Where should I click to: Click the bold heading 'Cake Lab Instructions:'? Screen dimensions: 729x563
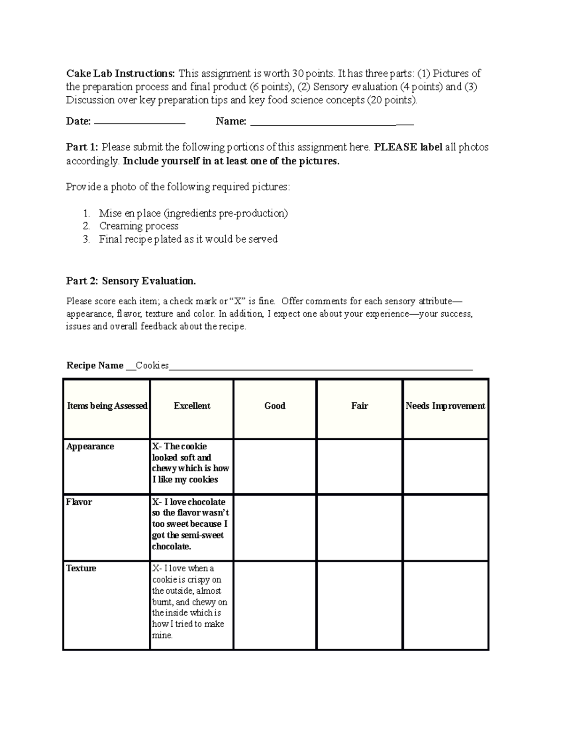pyautogui.click(x=121, y=74)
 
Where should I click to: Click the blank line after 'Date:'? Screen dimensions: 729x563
pyautogui.click(x=140, y=122)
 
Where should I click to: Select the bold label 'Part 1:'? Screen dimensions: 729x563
pyautogui.click(x=82, y=147)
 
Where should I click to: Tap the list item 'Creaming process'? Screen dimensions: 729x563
pyautogui.click(x=138, y=226)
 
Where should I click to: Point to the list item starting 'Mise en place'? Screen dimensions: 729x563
pyautogui.click(x=193, y=213)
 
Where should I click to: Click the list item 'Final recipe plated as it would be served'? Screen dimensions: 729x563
pyautogui.click(x=188, y=239)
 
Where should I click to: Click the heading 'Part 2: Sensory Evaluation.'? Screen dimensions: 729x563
pyautogui.click(x=131, y=281)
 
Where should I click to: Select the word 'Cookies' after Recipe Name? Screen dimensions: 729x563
pyautogui.click(x=152, y=366)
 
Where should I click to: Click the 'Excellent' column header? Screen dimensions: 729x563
pyautogui.click(x=192, y=406)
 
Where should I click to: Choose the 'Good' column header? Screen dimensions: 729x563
pyautogui.click(x=275, y=406)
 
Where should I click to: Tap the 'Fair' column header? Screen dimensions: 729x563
pyautogui.click(x=359, y=406)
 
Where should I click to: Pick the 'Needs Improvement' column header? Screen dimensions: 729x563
pyautogui.click(x=445, y=406)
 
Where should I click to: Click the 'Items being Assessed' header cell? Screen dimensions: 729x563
pyautogui.click(x=107, y=406)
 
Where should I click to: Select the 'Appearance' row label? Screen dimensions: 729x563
pyautogui.click(x=90, y=446)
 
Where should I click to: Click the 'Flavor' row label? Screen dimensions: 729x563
pyautogui.click(x=79, y=502)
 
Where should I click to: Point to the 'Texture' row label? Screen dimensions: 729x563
pyautogui.click(x=81, y=568)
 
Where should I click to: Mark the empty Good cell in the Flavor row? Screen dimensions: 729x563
pyautogui.click(x=275, y=527)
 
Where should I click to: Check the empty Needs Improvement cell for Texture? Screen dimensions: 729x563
pyautogui.click(x=445, y=605)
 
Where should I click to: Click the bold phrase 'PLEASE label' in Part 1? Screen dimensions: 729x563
pyautogui.click(x=408, y=147)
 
